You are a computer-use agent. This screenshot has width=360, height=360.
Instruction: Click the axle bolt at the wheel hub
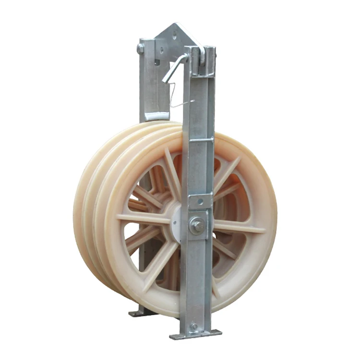pos(196,226)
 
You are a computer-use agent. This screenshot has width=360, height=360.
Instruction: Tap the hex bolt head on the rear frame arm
pos(140,48)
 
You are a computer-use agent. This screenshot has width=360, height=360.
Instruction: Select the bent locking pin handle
pos(175,67)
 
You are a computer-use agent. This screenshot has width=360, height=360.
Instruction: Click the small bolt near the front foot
pos(194,326)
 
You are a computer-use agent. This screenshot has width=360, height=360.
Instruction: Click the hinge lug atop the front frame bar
pos(200,52)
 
